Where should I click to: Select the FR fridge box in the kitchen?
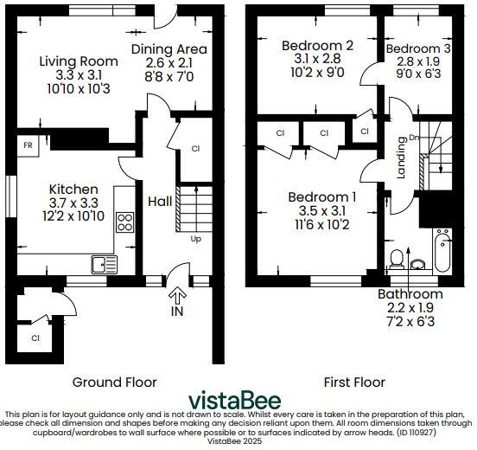pyautogui.click(x=29, y=146)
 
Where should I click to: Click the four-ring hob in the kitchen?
pyautogui.click(x=124, y=222)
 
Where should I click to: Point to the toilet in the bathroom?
pyautogui.click(x=398, y=259)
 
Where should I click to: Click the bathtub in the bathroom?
pyautogui.click(x=442, y=252)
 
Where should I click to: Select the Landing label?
pyautogui.click(x=402, y=157)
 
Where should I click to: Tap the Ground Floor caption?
pyautogui.click(x=114, y=382)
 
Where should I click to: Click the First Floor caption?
pyautogui.click(x=353, y=382)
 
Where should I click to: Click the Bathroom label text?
pyautogui.click(x=410, y=294)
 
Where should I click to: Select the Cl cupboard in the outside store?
pyautogui.click(x=35, y=337)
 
